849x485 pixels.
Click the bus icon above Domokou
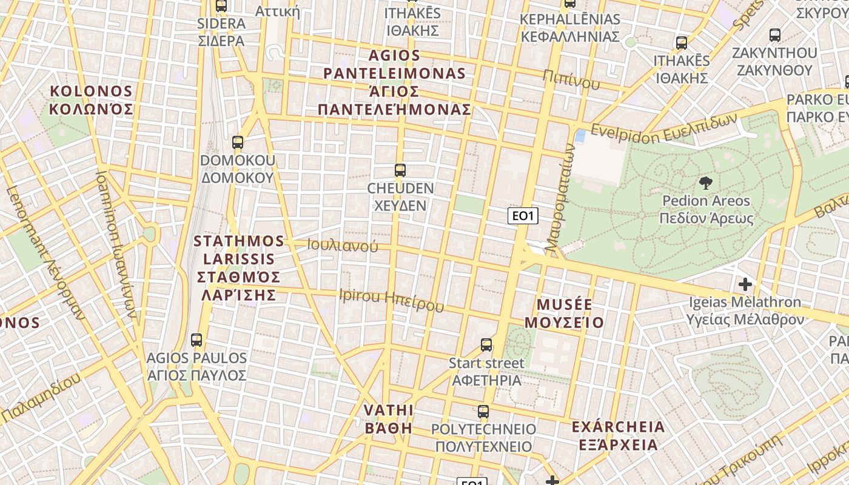[x=238, y=143]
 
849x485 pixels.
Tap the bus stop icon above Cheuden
[x=400, y=170]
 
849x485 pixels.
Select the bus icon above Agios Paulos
[x=196, y=340]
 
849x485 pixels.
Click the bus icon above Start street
[x=486, y=345]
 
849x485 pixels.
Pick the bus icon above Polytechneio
[x=483, y=412]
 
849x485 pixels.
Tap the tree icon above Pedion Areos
[x=705, y=182]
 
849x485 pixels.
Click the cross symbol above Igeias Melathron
[x=745, y=284]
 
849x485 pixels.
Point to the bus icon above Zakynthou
[x=774, y=35]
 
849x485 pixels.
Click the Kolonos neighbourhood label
[x=91, y=100]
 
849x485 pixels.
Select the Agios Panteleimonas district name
[x=394, y=82]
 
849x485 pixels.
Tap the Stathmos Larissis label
[x=238, y=267]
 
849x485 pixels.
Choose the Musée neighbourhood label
[x=564, y=313]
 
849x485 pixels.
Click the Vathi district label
[x=389, y=419]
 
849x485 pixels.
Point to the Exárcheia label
[x=618, y=435]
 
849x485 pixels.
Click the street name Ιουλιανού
[x=343, y=246]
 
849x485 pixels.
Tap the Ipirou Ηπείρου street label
[x=391, y=300]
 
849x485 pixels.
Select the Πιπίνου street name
[x=571, y=79]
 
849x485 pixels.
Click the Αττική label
[x=277, y=11]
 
